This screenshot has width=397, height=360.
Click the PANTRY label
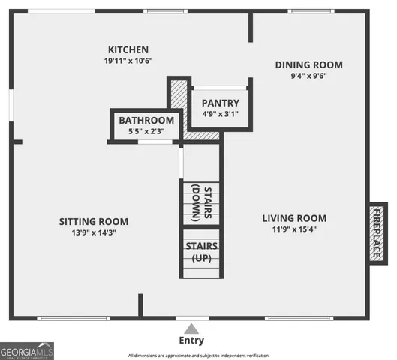coord(221,103)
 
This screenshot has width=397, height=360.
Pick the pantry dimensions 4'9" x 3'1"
coord(221,114)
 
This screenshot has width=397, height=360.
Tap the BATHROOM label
coord(146,120)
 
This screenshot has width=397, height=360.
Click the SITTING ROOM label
coord(94,221)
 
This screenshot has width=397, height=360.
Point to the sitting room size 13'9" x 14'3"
coord(94,232)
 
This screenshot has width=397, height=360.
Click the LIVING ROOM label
coord(294,218)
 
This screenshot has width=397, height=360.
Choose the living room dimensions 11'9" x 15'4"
coord(294,229)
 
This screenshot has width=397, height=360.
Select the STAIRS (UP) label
coord(201,252)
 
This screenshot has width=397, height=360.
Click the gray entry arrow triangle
coord(192,328)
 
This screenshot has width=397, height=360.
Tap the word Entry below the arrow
coord(192,340)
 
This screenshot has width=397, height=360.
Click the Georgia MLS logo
coord(27,351)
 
